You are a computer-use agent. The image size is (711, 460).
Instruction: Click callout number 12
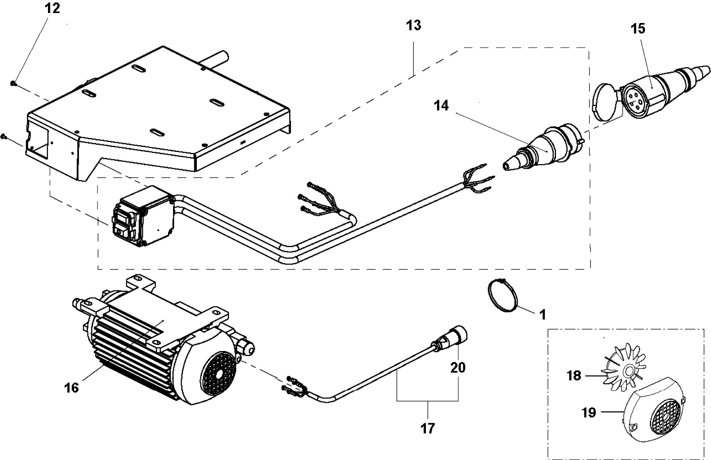coord(53,8)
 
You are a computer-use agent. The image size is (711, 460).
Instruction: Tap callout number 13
coord(414,25)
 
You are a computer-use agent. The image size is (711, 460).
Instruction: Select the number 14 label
coord(441,106)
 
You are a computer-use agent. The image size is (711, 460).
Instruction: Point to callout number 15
coord(638,29)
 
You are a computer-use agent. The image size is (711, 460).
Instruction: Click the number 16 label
coord(72,387)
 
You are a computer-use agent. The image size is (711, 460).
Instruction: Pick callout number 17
coord(427,428)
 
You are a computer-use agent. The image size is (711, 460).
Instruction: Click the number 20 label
coord(458,368)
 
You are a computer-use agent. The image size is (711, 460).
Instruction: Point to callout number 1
coord(542,315)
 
